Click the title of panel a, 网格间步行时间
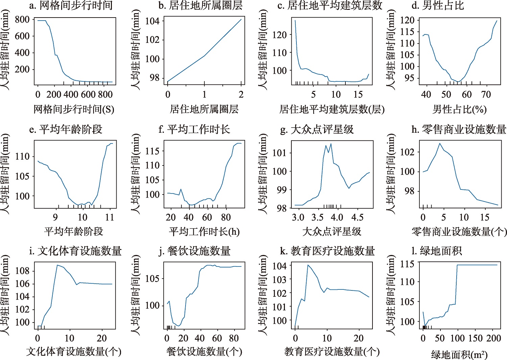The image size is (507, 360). pos(71,5)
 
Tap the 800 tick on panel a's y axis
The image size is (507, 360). pos(22,20)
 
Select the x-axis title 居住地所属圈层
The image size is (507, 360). pos(204,109)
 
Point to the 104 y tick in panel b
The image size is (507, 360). pos(152,21)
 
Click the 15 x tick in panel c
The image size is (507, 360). pos(358,95)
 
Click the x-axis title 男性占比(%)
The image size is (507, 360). pos(460,109)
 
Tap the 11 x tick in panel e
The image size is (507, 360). pos(110,217)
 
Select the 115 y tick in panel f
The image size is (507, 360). pos(152,151)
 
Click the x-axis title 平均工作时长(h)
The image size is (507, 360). pos(204,232)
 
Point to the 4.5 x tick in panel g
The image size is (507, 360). pos(357,217)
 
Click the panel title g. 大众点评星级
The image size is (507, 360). pos(317,129)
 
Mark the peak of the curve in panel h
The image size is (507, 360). pos(440,143)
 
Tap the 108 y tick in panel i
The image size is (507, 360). pos(22,271)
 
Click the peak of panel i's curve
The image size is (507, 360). pos(57,265)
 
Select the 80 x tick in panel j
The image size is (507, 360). pos(234,338)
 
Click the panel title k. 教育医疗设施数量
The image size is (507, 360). pos(328,251)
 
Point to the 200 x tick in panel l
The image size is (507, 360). pos(493,338)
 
